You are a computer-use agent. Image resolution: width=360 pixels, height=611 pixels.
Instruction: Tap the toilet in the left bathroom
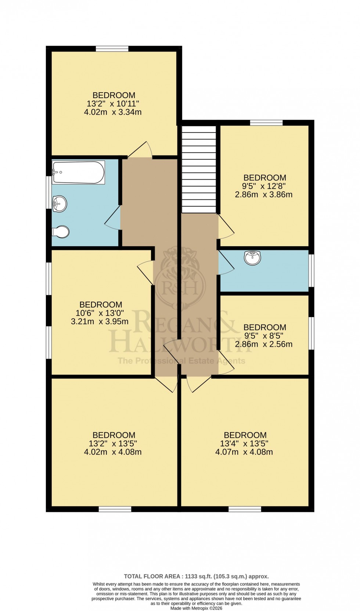coord(61,231)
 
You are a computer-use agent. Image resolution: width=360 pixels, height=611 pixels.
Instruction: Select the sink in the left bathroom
coord(60,204)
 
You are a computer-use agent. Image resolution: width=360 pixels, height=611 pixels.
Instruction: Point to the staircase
coord(199,169)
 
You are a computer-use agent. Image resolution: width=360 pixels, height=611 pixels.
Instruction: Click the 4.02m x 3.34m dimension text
coord(113,112)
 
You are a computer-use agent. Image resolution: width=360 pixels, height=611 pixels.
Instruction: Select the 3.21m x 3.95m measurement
coord(100,321)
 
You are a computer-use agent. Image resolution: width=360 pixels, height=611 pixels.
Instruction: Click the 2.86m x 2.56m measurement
coord(264,344)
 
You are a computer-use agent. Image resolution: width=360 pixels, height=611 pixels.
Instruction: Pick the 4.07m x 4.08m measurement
coord(244,452)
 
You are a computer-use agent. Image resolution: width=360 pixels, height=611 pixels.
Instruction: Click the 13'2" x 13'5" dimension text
coord(113,443)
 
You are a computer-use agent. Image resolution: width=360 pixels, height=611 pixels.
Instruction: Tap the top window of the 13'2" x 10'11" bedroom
coord(112,48)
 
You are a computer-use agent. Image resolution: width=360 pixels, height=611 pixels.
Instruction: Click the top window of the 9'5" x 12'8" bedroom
coord(266,123)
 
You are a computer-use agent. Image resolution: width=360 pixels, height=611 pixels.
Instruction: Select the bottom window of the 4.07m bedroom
coord(245,509)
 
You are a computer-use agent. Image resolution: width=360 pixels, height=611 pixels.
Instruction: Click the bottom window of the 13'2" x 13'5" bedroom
coord(115,509)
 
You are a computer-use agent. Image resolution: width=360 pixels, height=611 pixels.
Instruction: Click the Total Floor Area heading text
coord(196,576)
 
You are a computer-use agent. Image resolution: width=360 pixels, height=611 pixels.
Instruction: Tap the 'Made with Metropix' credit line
coord(197,608)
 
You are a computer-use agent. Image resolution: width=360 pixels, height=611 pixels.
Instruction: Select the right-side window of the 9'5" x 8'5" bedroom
coord(311,333)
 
